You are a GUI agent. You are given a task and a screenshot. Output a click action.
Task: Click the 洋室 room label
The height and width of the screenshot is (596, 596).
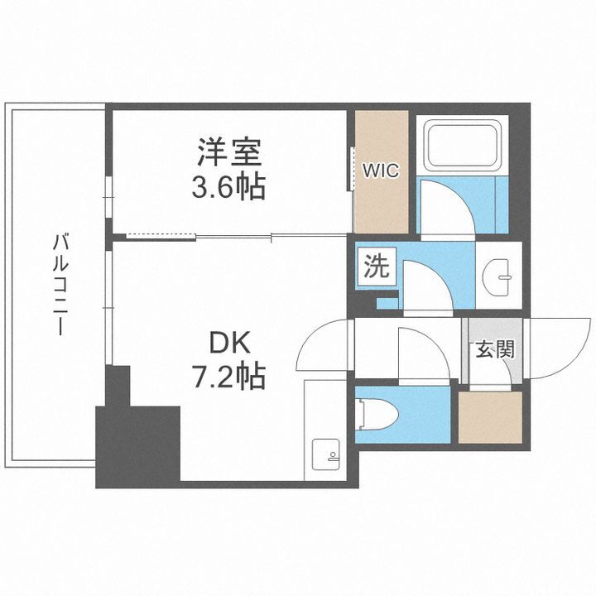(228, 153)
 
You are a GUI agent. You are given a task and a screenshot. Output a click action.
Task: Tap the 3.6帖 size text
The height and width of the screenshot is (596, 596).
(228, 187)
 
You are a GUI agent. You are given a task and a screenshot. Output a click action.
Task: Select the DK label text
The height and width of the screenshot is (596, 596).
(228, 343)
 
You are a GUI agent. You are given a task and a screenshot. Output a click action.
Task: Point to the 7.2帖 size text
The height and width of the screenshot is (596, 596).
(228, 377)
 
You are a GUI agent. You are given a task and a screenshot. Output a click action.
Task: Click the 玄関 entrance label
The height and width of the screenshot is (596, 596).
(494, 349)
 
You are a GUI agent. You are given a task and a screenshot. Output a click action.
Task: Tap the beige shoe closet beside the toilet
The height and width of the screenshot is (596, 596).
(490, 418)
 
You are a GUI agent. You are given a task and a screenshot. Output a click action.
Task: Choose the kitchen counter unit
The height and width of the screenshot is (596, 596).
(324, 430)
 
